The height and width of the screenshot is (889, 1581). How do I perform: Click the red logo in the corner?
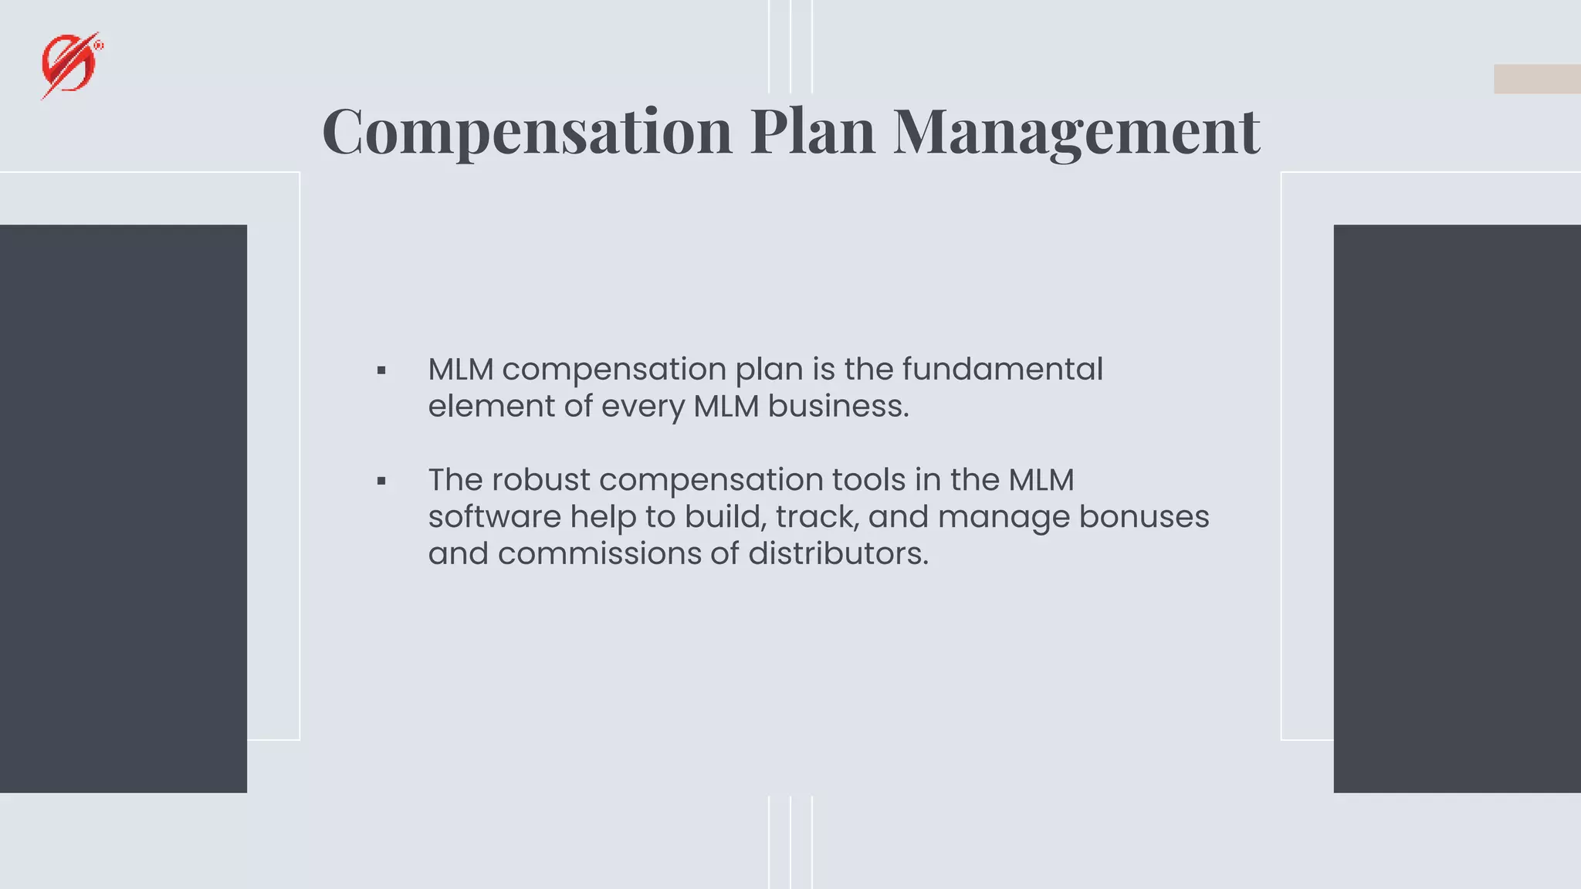click(71, 66)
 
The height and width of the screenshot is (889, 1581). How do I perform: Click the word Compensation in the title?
click(526, 132)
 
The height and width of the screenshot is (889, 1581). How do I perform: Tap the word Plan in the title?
click(812, 132)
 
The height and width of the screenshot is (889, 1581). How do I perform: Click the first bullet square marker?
click(381, 371)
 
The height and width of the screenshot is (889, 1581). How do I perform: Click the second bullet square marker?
click(381, 482)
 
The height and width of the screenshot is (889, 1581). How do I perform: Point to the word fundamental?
click(1002, 369)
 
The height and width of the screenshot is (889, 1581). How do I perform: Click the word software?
click(494, 517)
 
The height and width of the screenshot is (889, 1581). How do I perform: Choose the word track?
click(817, 517)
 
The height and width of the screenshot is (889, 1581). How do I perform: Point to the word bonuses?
click(1143, 517)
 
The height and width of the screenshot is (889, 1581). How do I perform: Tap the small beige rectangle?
click(1536, 79)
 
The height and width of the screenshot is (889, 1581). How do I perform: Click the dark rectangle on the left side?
click(124, 509)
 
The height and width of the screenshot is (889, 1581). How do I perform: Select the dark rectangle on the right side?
click(1457, 509)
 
